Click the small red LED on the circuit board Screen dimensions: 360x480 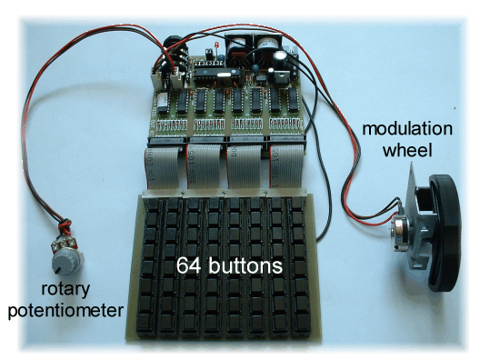[217, 46]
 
